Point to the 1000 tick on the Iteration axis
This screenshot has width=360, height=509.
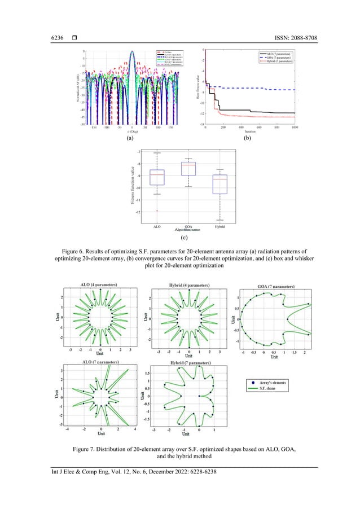(x=295, y=128)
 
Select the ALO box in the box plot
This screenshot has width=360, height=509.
(x=157, y=177)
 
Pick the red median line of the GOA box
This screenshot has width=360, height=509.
(x=188, y=164)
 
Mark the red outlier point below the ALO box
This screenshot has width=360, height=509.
(x=157, y=211)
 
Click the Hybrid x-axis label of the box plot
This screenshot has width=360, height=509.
(x=219, y=227)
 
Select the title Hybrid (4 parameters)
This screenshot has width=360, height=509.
(x=188, y=286)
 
